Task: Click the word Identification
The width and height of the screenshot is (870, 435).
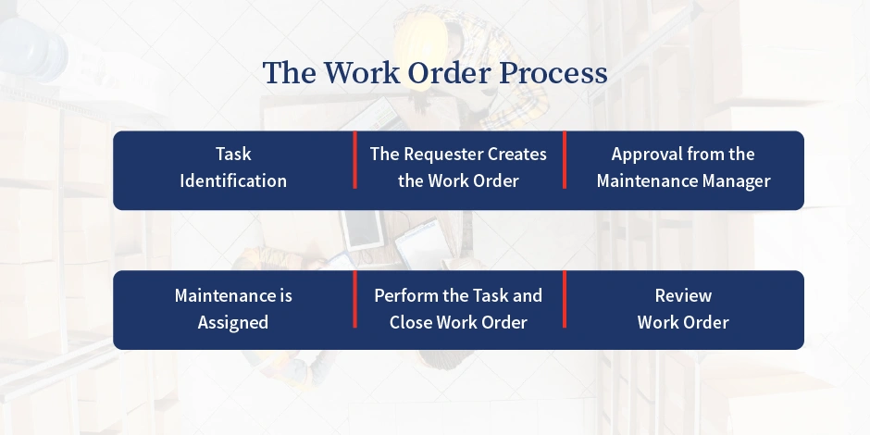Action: point(233,180)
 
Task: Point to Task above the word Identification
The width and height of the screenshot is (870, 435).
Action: point(233,154)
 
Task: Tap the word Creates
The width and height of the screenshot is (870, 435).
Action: point(517,154)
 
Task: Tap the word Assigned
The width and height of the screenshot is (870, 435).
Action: point(233,323)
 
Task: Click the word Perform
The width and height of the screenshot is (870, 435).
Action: point(405,296)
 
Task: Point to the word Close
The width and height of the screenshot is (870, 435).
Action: point(412,323)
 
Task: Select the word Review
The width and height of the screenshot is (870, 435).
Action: point(683,296)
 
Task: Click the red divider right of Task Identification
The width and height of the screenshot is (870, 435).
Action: point(354,160)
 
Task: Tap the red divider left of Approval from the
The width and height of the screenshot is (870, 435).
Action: point(565,160)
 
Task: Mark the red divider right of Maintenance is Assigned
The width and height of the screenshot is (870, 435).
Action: point(354,299)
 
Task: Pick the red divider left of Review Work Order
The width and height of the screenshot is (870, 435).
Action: point(565,299)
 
